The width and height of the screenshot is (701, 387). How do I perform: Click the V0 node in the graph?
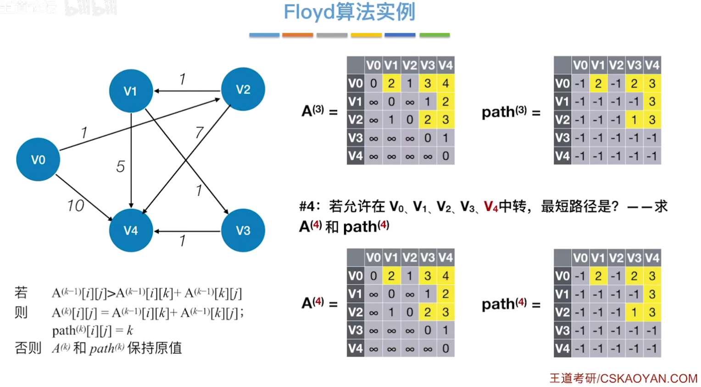(x=38, y=159)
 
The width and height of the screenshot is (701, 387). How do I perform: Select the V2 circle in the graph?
(x=243, y=89)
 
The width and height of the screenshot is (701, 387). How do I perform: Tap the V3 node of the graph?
(x=243, y=230)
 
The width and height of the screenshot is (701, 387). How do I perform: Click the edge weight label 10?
(x=76, y=206)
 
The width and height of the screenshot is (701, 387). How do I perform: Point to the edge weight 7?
(x=199, y=133)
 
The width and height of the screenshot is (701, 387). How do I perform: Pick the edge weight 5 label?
(x=120, y=166)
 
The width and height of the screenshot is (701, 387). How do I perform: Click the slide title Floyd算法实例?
(x=349, y=12)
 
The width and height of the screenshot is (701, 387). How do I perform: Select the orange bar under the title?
(x=297, y=35)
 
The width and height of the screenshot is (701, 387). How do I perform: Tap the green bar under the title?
(x=434, y=35)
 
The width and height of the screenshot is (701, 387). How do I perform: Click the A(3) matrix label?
(x=313, y=111)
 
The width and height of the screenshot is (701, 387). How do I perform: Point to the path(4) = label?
(x=511, y=304)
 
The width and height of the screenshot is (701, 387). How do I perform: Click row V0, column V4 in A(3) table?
(x=445, y=84)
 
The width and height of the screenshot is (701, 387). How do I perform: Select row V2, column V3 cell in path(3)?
(x=634, y=120)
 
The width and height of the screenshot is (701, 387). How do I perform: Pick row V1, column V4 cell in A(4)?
(x=445, y=294)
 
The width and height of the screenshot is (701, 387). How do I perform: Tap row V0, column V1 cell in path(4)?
(x=598, y=276)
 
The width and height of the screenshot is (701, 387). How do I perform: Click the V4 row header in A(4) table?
(x=356, y=348)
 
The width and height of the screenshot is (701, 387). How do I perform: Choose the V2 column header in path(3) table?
(x=616, y=65)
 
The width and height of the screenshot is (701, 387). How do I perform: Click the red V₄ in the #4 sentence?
(x=491, y=207)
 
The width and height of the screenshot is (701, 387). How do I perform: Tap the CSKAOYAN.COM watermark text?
(x=648, y=378)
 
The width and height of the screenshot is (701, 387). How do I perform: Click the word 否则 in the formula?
(x=28, y=348)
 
